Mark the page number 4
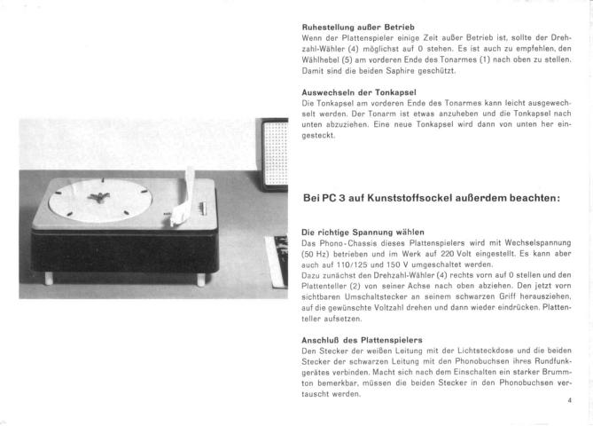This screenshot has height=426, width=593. (x=570, y=401)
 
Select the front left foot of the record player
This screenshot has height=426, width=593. (x=49, y=278)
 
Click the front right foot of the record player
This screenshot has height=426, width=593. (x=202, y=280)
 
